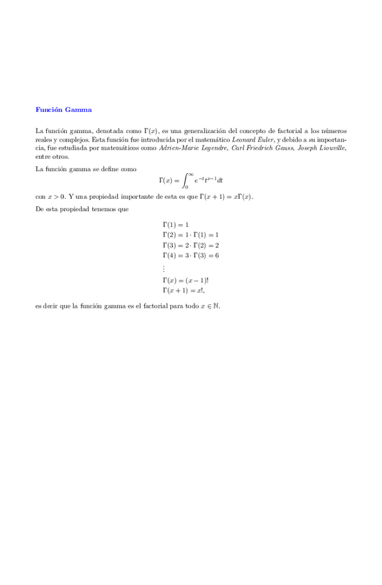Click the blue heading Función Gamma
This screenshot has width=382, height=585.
point(63,110)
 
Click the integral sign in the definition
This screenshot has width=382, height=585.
point(185,181)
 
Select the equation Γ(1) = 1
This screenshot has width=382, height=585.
point(175,225)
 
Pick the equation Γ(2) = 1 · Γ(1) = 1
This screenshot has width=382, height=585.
point(190,235)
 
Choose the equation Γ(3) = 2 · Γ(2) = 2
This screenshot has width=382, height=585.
point(190,246)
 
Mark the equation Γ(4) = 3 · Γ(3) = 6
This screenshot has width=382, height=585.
point(190,256)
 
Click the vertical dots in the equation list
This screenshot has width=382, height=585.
point(164,268)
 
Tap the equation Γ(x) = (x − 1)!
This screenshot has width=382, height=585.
point(185,281)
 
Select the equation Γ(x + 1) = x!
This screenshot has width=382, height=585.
point(184,291)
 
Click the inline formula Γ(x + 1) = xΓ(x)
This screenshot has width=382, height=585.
point(226,197)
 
